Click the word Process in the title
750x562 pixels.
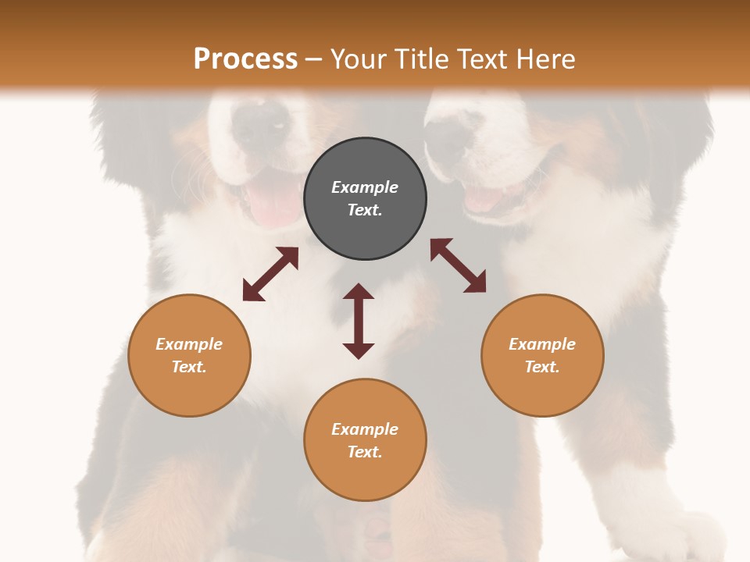[x=245, y=59]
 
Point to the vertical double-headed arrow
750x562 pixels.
[x=359, y=321]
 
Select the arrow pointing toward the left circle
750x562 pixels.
[x=270, y=274]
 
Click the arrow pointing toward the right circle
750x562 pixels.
[x=458, y=265]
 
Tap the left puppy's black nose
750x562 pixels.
[x=262, y=125]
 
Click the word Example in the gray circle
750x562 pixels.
[x=365, y=187]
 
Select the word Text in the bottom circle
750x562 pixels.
[x=365, y=452]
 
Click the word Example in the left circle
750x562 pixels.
[x=189, y=344]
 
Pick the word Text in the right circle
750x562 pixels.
[x=542, y=367]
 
